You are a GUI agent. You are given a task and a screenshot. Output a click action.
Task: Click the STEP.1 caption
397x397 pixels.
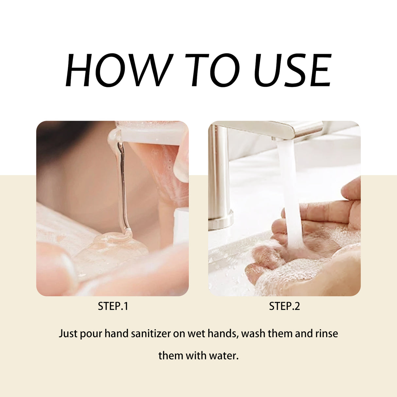113,306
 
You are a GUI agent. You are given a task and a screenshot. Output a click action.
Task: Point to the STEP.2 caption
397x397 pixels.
284,306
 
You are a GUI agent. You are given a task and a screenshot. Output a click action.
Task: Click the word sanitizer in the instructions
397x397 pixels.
151,334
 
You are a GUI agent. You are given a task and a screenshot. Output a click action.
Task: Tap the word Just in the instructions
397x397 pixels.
68,334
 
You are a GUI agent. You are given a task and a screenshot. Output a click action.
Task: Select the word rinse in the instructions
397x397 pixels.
326,334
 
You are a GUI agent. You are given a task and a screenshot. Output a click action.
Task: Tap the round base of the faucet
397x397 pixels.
220,220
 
